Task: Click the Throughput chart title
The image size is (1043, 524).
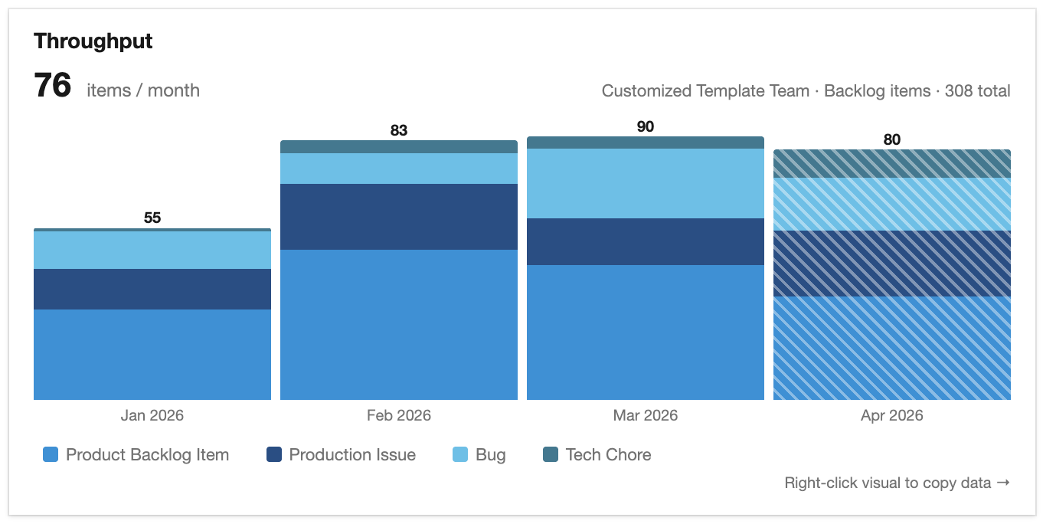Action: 93,41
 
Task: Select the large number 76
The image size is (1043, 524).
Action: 53,86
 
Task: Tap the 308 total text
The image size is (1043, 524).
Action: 977,91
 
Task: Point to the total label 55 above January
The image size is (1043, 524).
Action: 152,218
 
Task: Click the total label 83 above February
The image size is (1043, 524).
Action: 399,130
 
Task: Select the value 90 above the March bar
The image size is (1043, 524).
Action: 646,126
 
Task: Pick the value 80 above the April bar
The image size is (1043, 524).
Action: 891,139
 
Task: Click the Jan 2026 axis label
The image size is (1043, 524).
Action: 152,416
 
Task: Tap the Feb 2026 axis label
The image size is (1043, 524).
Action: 399,416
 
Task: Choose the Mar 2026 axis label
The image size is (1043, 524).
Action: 646,416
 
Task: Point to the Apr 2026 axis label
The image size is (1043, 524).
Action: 891,416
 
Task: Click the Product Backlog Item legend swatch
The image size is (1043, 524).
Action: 51,455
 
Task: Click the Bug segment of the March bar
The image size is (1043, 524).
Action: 646,184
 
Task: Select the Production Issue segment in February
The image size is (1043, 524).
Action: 399,217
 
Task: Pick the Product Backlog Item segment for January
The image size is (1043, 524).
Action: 152,355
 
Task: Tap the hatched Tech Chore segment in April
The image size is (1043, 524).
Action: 891,164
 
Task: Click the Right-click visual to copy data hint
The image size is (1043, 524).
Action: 897,483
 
